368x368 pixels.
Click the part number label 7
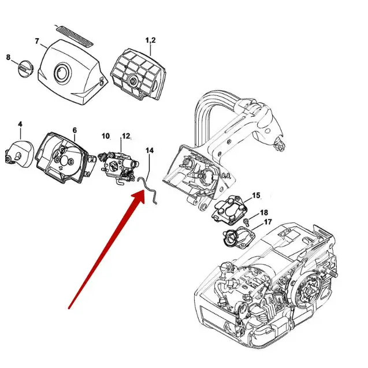point(37,41)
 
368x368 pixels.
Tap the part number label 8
point(8,57)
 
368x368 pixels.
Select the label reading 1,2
point(150,40)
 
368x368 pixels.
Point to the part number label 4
point(20,124)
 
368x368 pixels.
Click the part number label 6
point(74,130)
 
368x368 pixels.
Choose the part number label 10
point(106,136)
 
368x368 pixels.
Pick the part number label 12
point(125,136)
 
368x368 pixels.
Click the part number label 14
point(150,150)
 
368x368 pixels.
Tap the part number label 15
point(256,196)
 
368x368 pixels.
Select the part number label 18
point(263,213)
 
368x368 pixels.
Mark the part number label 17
point(267,222)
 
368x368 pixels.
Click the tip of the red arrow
point(144,194)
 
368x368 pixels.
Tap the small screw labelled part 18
point(246,221)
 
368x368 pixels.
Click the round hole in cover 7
point(61,73)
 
